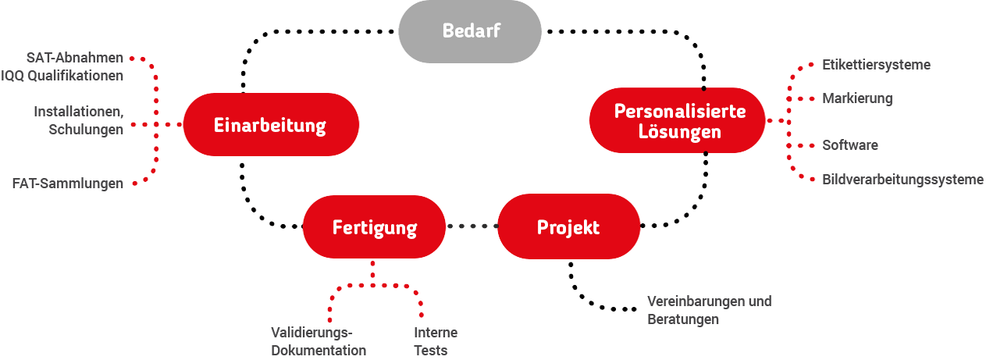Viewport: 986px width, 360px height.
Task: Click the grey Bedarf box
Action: click(x=470, y=31)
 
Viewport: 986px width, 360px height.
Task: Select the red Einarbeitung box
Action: click(x=270, y=125)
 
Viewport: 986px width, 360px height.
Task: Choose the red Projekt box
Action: click(x=568, y=227)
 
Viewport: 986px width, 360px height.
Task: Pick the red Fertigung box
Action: click(x=375, y=227)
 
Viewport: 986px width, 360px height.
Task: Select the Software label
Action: click(x=849, y=145)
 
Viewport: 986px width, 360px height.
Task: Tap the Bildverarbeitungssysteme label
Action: click(x=902, y=180)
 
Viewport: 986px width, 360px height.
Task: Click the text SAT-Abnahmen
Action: click(x=75, y=59)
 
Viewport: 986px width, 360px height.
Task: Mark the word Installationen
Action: click(x=78, y=112)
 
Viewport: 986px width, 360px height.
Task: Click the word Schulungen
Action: click(x=86, y=130)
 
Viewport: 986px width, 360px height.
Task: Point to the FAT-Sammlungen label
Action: click(x=68, y=184)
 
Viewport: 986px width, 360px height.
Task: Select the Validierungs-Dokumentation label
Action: click(x=318, y=341)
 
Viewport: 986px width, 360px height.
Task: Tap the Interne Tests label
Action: click(x=435, y=341)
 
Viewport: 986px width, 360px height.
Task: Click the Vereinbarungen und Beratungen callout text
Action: click(x=709, y=310)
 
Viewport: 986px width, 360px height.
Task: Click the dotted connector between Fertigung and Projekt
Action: click(x=472, y=226)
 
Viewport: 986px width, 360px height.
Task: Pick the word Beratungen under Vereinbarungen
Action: click(x=683, y=319)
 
